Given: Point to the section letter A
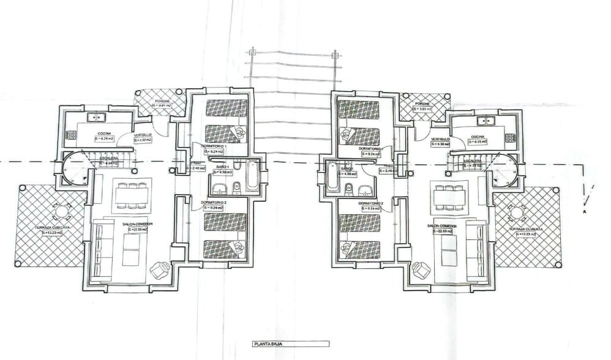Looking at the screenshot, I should (x=585, y=212).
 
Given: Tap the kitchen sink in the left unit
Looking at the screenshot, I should (x=96, y=116).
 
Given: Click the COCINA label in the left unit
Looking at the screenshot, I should (x=103, y=133).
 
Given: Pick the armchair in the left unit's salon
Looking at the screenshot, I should (x=160, y=269).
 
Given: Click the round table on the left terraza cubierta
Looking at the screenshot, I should (x=61, y=212).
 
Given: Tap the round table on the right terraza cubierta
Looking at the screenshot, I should (x=516, y=213).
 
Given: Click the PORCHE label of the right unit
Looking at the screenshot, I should (x=422, y=104).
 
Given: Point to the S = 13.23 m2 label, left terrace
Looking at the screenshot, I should (x=53, y=233).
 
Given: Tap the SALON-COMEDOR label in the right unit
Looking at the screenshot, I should (x=443, y=225).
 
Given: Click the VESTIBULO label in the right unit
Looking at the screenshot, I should (x=440, y=139).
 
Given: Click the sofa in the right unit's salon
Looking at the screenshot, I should (x=475, y=249).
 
